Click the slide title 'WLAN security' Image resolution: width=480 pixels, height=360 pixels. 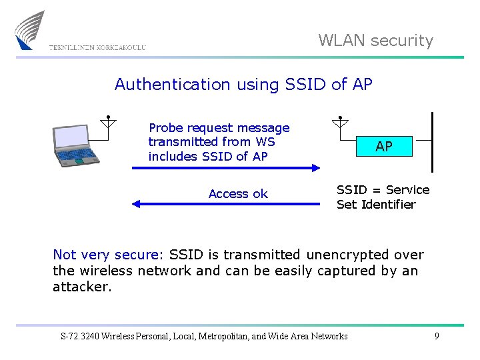[375, 41]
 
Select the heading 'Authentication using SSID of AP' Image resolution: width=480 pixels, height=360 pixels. [243, 84]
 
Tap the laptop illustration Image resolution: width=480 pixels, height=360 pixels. [75, 145]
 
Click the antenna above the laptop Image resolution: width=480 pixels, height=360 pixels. [107, 122]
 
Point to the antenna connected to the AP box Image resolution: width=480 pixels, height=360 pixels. [339, 123]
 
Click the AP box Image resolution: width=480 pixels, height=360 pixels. [383, 146]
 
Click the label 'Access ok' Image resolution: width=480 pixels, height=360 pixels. [238, 194]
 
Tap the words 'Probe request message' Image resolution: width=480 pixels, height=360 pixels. [219, 127]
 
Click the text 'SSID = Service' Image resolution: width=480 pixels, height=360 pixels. [383, 190]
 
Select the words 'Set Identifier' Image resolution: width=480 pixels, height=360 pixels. [376, 205]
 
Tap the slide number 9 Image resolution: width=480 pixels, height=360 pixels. [437, 336]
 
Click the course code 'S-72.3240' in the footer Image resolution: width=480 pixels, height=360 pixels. [81, 336]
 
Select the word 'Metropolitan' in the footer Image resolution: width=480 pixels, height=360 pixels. [225, 336]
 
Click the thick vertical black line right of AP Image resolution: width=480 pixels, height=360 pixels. [433, 141]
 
